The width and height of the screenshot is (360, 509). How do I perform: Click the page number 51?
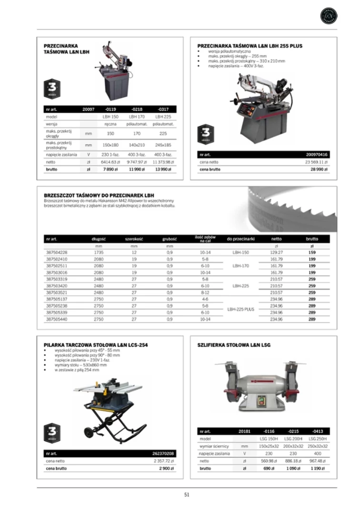tap(187, 494)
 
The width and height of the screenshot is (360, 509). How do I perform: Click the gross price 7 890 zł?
tap(110, 169)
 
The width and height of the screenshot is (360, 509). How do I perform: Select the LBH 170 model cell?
tap(137, 116)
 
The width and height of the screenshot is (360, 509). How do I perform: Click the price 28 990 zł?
tap(317, 169)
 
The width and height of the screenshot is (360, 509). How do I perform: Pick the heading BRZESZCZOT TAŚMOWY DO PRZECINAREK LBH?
tap(99, 195)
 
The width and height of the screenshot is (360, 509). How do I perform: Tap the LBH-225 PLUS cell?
tap(240, 309)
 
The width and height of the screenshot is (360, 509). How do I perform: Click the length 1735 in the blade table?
tap(99, 252)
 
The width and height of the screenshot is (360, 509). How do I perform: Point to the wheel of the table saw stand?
tap(89, 433)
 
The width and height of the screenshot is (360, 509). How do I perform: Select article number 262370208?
tap(163, 454)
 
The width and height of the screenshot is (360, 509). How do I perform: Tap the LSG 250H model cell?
tap(318, 439)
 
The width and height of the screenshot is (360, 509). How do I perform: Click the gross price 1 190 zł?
tap(318, 468)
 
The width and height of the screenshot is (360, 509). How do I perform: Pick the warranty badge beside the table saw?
tap(52, 432)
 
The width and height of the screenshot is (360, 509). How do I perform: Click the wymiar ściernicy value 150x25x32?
tap(269, 446)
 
